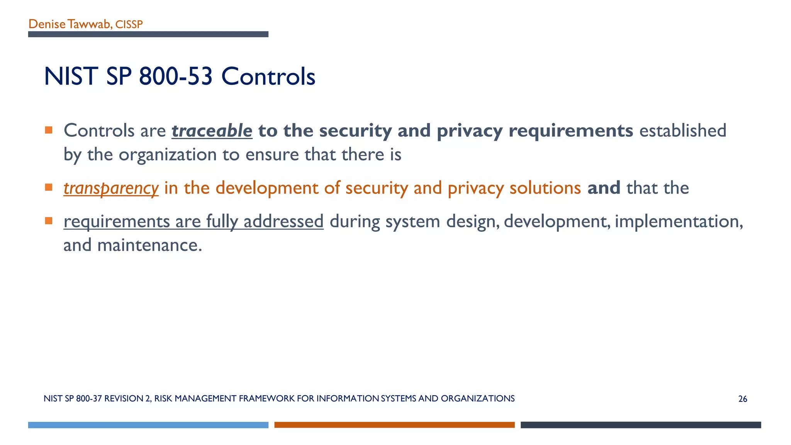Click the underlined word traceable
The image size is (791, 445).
click(x=212, y=131)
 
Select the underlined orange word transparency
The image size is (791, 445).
click(x=111, y=188)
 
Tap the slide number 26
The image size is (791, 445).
click(x=742, y=399)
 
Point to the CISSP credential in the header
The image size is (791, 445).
click(x=129, y=25)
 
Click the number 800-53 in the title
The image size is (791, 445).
click(x=176, y=76)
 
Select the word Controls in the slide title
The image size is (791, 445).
click(x=268, y=76)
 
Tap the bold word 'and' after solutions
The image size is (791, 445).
click(x=604, y=188)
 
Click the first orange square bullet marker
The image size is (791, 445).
click(x=49, y=130)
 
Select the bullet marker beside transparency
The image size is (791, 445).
click(x=49, y=187)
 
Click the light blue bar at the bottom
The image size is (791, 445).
click(x=148, y=425)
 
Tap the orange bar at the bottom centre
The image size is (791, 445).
click(x=394, y=425)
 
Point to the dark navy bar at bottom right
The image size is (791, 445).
click(x=640, y=425)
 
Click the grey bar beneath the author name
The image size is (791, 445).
click(x=148, y=34)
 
